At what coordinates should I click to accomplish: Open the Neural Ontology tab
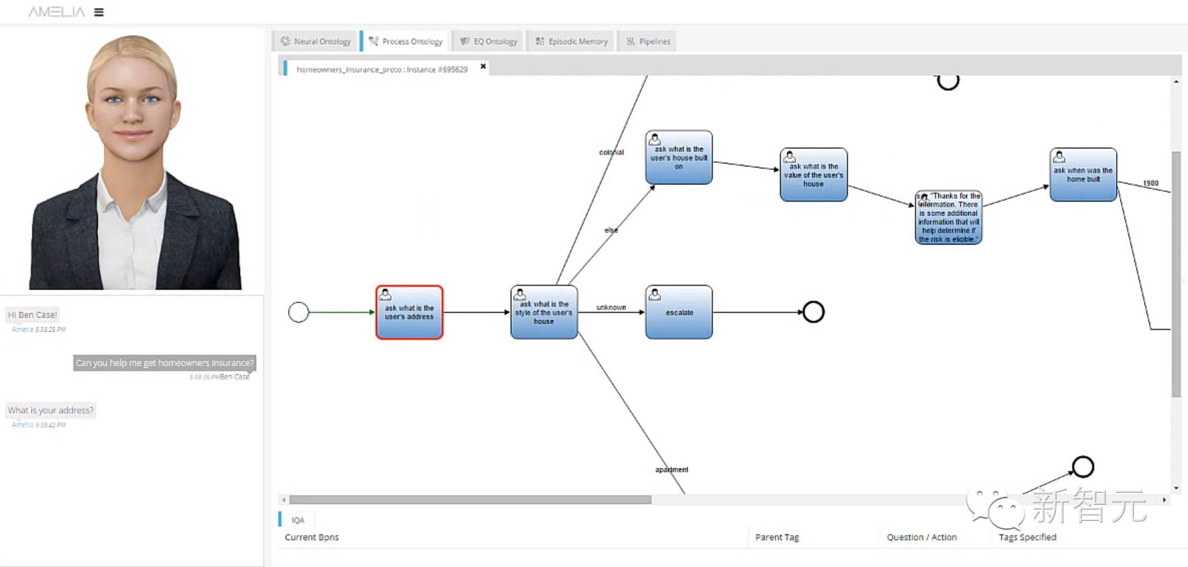316,41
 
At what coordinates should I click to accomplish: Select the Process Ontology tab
406,41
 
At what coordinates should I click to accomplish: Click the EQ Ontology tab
489,41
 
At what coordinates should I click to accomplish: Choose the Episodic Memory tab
572,41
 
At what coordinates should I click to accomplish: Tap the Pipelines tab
648,41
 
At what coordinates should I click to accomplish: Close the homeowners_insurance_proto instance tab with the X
483,66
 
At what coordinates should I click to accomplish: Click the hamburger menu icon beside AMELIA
99,12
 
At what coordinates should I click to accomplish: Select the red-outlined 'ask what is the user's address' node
409,313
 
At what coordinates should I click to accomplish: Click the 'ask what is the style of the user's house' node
544,313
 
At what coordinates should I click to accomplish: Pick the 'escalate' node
679,313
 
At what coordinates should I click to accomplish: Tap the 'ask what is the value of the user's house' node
814,175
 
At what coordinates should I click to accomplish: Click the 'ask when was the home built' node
1083,175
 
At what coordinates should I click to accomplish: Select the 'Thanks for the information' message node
948,218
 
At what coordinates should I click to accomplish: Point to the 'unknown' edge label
611,307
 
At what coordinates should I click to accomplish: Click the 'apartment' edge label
671,469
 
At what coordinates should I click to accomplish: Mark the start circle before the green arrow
298,312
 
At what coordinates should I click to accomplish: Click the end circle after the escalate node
814,312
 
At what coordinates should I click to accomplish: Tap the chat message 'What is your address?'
51,410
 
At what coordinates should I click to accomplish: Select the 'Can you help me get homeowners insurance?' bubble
164,363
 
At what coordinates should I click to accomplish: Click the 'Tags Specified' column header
1027,537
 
